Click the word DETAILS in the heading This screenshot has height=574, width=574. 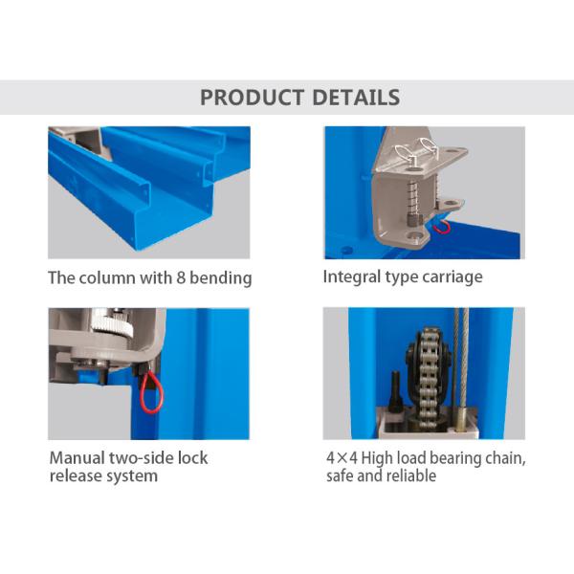click(x=355, y=98)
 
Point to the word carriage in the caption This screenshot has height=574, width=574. click(x=450, y=277)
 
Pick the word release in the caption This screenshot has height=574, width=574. click(x=73, y=475)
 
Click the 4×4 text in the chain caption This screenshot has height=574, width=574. click(x=342, y=458)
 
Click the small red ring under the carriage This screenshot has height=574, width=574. click(x=441, y=225)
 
